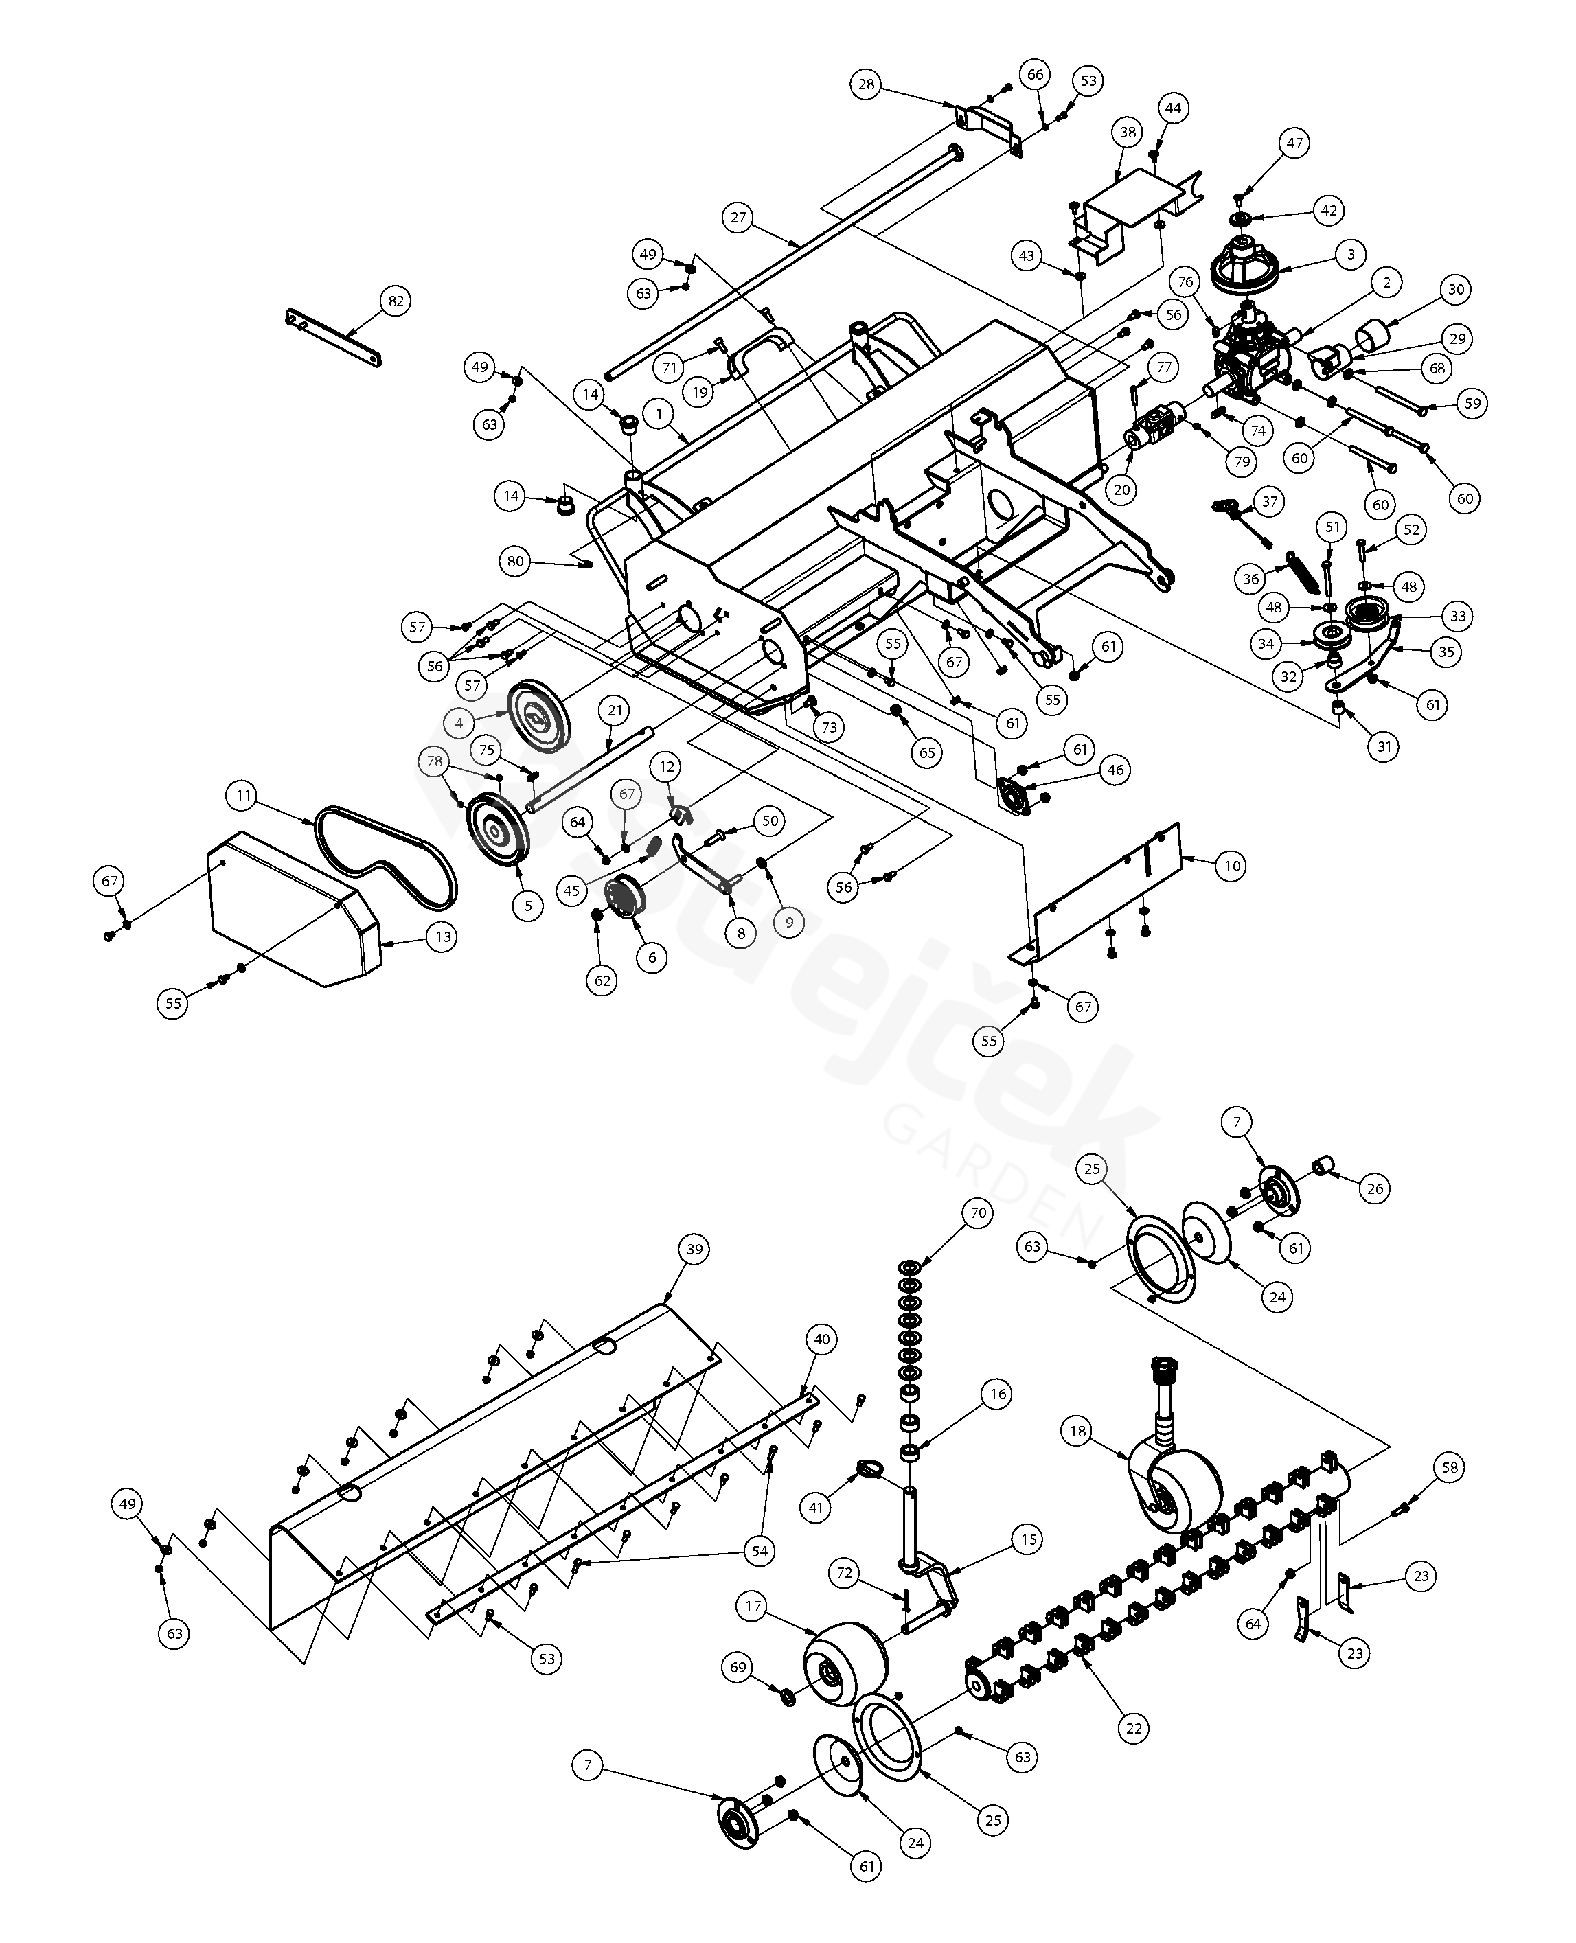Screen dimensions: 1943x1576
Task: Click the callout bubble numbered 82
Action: tap(395, 301)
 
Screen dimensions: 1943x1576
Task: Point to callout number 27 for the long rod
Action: tap(738, 218)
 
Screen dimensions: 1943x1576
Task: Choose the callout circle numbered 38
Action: tap(1128, 133)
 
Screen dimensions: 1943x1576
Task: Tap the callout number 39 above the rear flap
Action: tap(694, 1249)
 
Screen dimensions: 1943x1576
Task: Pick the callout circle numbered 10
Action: tap(1232, 866)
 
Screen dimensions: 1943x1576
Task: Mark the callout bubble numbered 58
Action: tap(1449, 1467)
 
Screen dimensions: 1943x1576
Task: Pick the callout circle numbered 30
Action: tap(1456, 290)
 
